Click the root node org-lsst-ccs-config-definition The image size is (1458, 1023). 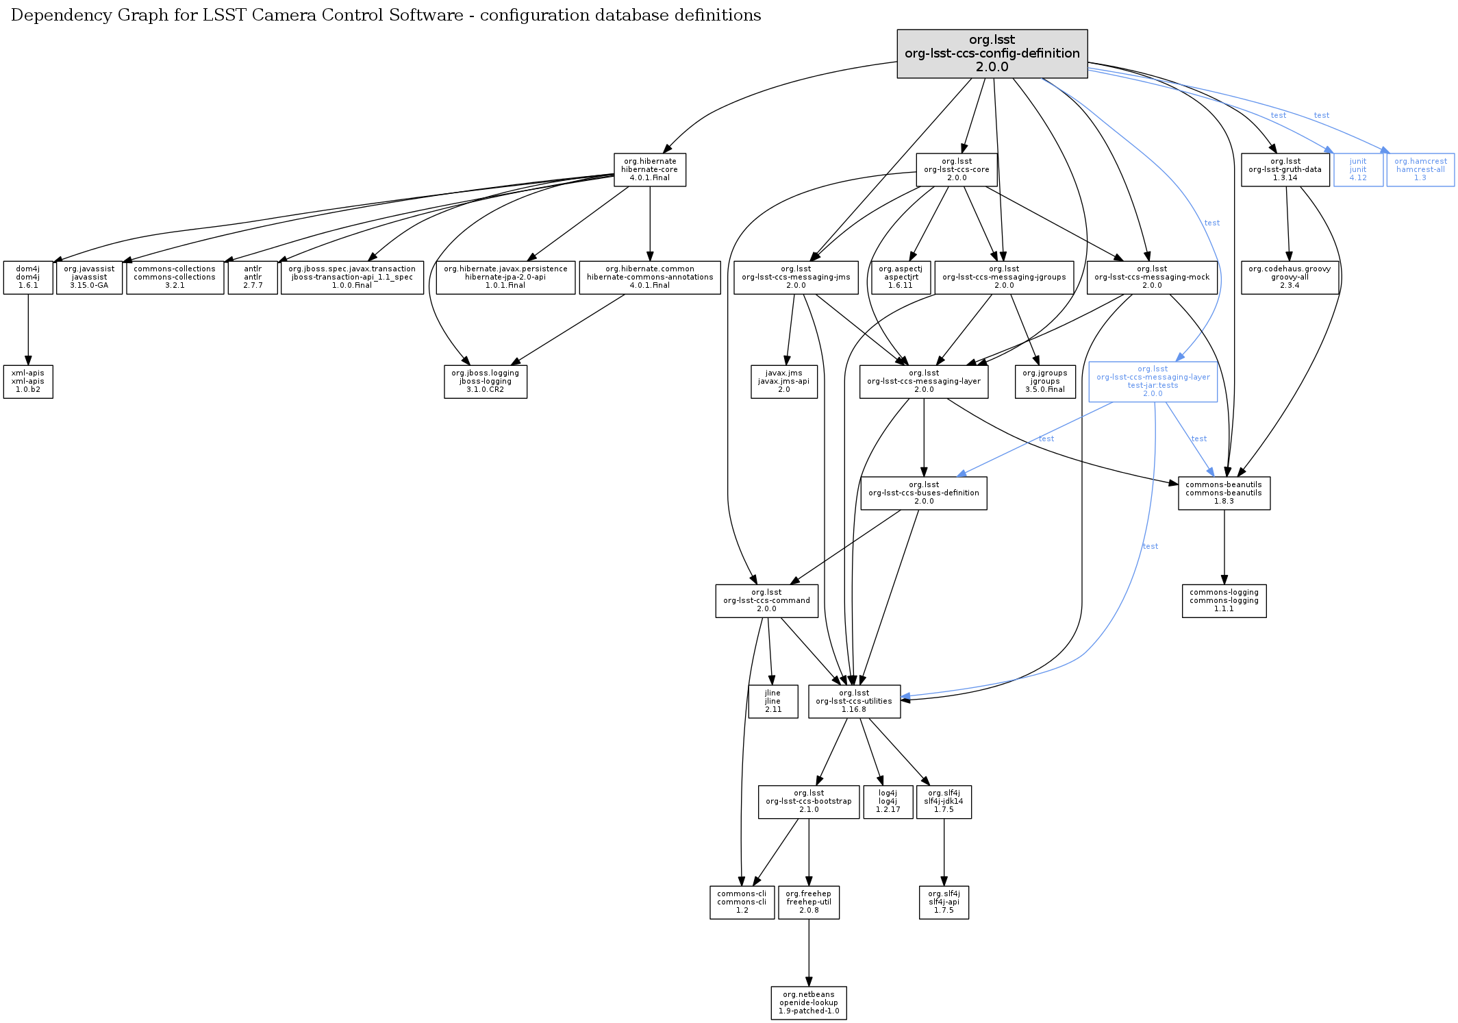pyautogui.click(x=992, y=53)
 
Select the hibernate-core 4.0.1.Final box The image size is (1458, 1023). pyautogui.click(x=649, y=170)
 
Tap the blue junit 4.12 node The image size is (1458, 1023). pyautogui.click(x=1357, y=170)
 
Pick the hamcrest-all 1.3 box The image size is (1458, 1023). pyautogui.click(x=1420, y=170)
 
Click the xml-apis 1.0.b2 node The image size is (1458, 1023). pyautogui.click(x=28, y=382)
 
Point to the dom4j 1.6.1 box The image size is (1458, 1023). pyautogui.click(x=28, y=278)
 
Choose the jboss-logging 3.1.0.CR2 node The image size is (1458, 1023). pyautogui.click(x=485, y=382)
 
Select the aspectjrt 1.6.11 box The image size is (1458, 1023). pyautogui.click(x=901, y=278)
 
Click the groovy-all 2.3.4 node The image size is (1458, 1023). pyautogui.click(x=1289, y=278)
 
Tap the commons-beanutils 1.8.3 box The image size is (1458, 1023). pyautogui.click(x=1224, y=493)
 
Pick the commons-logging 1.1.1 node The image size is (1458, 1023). pyautogui.click(x=1224, y=601)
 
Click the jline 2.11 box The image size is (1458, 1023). pyautogui.click(x=772, y=702)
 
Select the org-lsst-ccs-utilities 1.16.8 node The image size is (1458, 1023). pyautogui.click(x=854, y=702)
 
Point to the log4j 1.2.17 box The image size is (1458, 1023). pyautogui.click(x=888, y=802)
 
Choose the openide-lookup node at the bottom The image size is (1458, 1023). pyautogui.click(x=808, y=1003)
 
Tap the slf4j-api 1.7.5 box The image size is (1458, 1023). pyautogui.click(x=944, y=902)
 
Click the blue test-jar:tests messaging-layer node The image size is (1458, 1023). pyautogui.click(x=1153, y=382)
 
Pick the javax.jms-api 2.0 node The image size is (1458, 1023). pyautogui.click(x=783, y=382)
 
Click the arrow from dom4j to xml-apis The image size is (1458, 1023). pyautogui.click(x=28, y=329)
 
